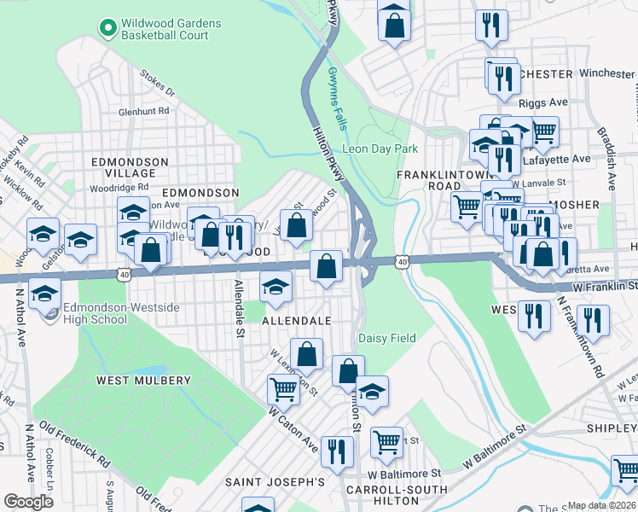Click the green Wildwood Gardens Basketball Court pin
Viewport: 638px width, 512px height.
pyautogui.click(x=107, y=29)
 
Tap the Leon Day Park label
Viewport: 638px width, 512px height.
pyautogui.click(x=380, y=148)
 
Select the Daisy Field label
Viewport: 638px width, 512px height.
pyautogui.click(x=386, y=339)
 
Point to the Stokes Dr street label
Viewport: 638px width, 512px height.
pyautogui.click(x=158, y=85)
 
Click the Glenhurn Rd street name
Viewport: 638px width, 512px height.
pyautogui.click(x=144, y=111)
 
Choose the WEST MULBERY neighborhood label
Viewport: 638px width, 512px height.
pyautogui.click(x=143, y=380)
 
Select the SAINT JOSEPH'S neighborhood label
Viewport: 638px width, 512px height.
pyautogui.click(x=275, y=482)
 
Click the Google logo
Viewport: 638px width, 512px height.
pyautogui.click(x=28, y=502)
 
